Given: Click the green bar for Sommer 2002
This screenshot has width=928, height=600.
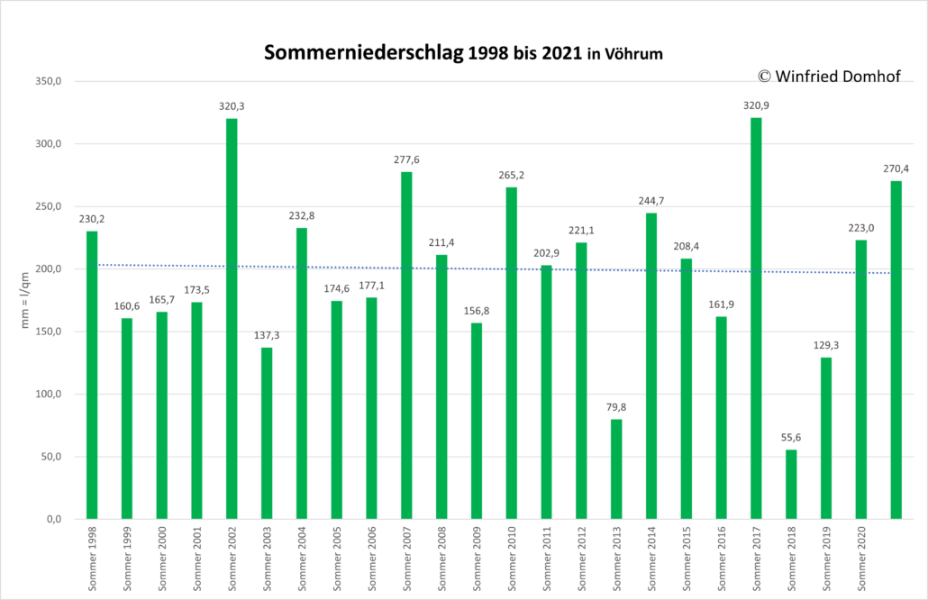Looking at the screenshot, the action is click(232, 319).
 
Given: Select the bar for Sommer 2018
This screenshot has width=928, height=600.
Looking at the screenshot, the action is click(791, 485).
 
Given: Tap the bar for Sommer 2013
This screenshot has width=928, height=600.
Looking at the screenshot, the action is click(616, 469).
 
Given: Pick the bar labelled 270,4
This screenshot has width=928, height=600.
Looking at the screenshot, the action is click(896, 350).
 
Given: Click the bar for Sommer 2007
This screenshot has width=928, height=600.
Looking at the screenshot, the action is click(406, 346).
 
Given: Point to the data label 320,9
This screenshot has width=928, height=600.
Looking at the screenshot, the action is click(756, 105).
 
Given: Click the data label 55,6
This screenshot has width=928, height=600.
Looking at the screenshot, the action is click(791, 437).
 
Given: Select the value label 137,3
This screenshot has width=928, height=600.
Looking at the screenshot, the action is click(267, 335).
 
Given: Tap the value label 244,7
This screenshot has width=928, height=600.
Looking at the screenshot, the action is click(651, 201).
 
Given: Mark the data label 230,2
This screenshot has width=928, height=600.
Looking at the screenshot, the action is click(92, 219).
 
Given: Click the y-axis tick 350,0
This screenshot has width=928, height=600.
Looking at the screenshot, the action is click(49, 82).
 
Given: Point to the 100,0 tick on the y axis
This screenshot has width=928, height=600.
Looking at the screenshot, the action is click(49, 394).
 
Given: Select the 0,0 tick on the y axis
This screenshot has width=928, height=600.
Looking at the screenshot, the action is click(54, 520).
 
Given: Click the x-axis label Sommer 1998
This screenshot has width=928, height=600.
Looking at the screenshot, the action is click(92, 559).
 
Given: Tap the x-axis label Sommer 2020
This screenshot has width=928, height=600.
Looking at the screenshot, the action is click(861, 559).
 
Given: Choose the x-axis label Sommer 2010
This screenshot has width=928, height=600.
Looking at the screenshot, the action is click(512, 559).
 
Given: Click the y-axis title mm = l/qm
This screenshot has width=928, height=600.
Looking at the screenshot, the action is click(25, 300).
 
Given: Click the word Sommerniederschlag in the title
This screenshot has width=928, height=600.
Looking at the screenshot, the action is click(363, 52).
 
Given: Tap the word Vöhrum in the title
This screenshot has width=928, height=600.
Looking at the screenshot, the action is click(633, 54).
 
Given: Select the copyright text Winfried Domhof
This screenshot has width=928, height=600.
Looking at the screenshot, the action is click(837, 77).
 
